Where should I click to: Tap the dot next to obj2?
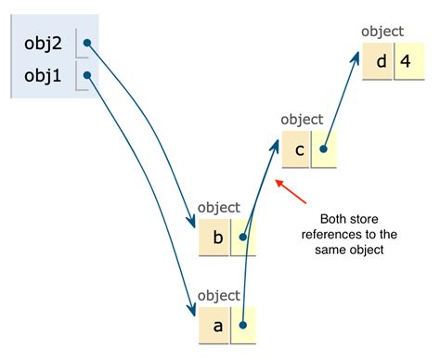(x=85, y=43)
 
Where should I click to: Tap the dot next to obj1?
(x=85, y=75)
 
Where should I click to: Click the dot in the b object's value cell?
(x=243, y=237)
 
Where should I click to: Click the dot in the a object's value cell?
(x=242, y=324)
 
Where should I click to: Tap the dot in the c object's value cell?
(x=324, y=148)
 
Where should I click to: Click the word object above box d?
(x=382, y=31)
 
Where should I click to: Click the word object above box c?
(x=301, y=119)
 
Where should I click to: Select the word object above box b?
(x=219, y=208)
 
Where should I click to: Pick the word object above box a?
(x=219, y=295)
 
